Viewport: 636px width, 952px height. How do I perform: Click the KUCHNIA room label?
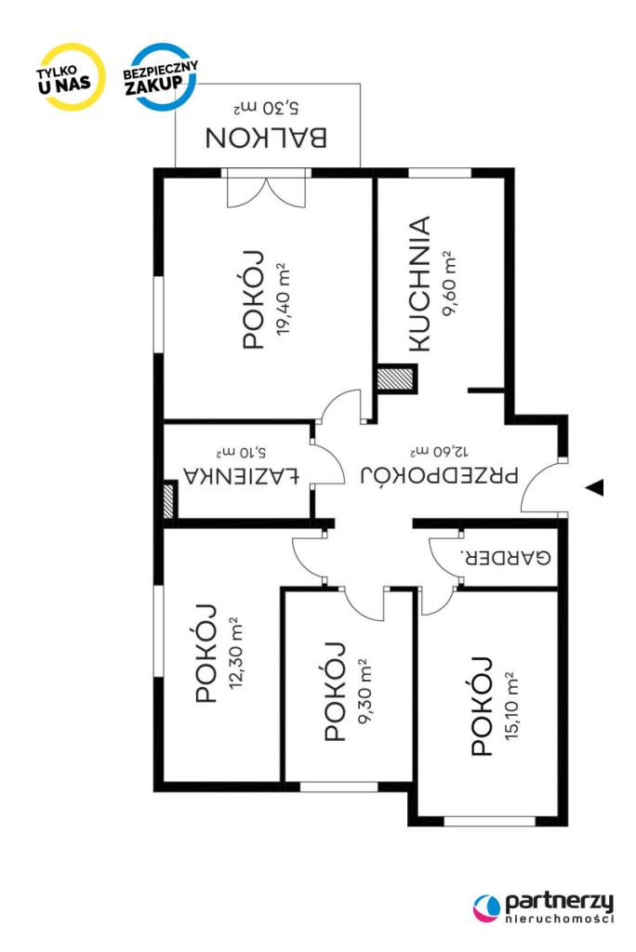[419, 284]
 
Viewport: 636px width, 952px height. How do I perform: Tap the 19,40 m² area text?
[281, 298]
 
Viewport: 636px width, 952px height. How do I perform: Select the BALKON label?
[266, 138]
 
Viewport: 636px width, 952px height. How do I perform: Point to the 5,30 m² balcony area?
[266, 108]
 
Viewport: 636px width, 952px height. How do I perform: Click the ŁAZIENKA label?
[242, 476]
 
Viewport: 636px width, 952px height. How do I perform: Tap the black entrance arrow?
[594, 487]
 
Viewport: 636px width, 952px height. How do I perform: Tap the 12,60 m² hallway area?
[440, 452]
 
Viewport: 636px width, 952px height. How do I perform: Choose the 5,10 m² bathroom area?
[241, 453]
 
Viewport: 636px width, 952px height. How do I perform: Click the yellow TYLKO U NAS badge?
[68, 77]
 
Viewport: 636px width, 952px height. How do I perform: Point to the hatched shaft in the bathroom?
[167, 499]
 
